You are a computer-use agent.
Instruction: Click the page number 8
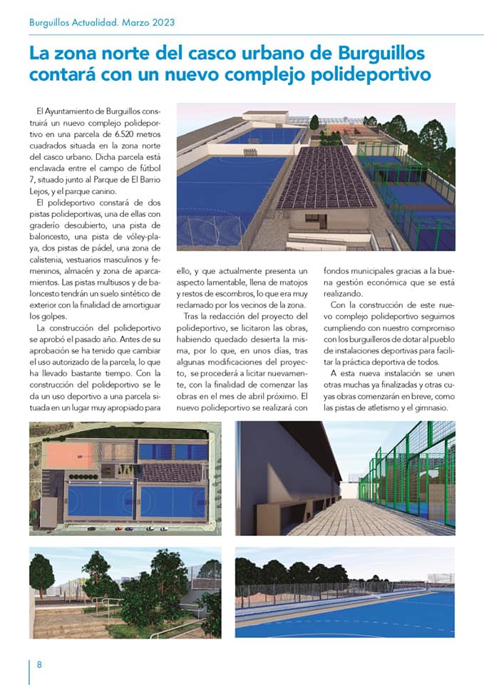click(x=39, y=664)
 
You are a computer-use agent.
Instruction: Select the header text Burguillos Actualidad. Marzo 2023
click(x=102, y=22)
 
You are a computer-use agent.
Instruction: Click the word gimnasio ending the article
click(x=429, y=407)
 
